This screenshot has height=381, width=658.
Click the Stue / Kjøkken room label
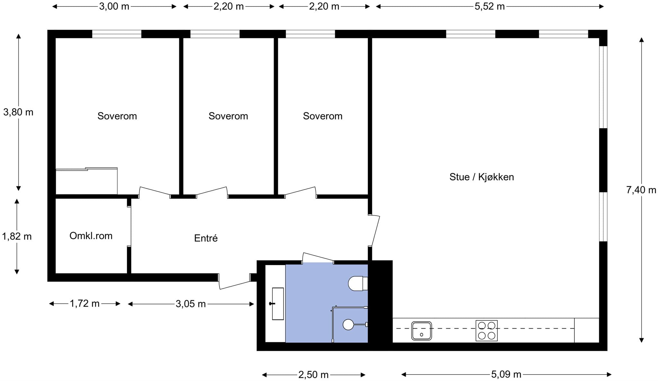(482, 177)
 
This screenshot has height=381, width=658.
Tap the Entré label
(206, 238)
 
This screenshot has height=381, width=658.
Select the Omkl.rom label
(91, 236)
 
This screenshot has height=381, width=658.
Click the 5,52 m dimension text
(490, 6)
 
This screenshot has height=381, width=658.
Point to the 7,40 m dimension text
(641, 190)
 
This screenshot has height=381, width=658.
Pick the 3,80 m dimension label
(18, 112)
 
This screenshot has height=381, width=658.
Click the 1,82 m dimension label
(17, 236)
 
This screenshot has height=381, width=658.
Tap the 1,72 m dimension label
(85, 304)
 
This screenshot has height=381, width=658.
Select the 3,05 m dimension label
(191, 304)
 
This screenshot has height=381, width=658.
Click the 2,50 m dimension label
(313, 375)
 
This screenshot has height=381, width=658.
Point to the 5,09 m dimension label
(506, 374)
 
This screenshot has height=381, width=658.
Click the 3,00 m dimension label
(114, 6)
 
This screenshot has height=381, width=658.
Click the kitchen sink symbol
(422, 331)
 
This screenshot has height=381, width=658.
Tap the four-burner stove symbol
(486, 331)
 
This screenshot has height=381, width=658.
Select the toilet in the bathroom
(358, 283)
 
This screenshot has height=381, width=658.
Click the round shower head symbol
(348, 325)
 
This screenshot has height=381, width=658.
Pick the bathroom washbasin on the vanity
(278, 304)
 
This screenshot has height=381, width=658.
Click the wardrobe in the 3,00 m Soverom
(86, 181)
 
